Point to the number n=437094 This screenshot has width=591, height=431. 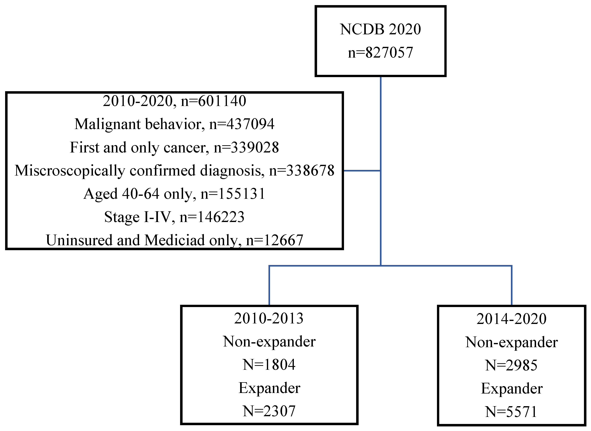click(242, 124)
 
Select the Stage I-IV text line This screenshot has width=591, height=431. click(174, 217)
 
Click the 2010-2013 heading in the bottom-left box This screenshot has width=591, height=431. click(269, 318)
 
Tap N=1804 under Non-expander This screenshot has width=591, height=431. click(269, 365)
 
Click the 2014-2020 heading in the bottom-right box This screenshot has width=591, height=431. click(511, 319)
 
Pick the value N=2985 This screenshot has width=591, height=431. click(511, 365)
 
